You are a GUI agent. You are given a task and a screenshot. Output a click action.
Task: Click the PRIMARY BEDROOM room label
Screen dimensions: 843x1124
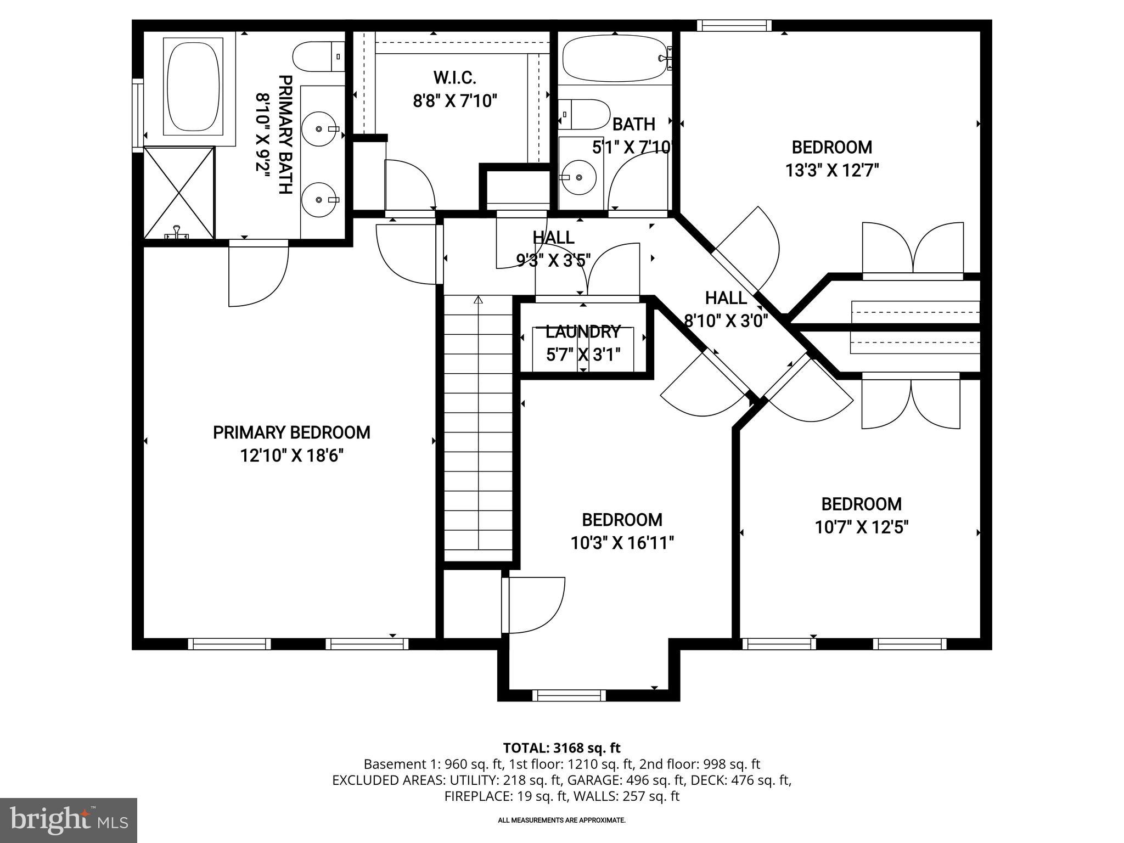(291, 432)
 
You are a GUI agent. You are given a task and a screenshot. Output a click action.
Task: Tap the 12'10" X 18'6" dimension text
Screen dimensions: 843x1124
(291, 456)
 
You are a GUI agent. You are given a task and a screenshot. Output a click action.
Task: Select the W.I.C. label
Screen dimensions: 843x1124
(454, 78)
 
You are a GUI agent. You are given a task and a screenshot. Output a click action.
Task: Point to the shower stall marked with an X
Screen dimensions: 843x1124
(179, 193)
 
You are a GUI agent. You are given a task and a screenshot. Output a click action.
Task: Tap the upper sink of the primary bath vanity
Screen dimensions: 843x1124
(320, 128)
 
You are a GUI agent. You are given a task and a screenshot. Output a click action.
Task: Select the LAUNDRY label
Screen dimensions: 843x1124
(583, 332)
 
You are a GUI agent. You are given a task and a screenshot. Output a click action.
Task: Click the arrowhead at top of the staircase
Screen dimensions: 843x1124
(478, 300)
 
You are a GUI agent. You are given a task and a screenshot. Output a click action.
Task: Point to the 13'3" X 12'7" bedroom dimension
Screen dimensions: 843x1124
(832, 171)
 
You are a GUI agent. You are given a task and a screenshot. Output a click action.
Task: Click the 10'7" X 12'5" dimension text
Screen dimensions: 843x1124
(862, 527)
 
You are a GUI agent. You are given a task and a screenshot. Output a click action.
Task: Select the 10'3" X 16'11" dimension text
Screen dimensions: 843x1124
(622, 543)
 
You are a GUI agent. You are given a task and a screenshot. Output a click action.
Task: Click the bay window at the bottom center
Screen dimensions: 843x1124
(569, 695)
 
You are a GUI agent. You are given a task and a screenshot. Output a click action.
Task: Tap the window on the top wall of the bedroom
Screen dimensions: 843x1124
(734, 25)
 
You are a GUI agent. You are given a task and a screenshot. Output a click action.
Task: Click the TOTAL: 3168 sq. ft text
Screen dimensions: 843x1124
(561, 748)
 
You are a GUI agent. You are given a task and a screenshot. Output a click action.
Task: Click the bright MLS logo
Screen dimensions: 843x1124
(69, 820)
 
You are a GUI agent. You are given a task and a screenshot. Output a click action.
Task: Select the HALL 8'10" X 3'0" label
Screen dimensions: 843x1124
(726, 309)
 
